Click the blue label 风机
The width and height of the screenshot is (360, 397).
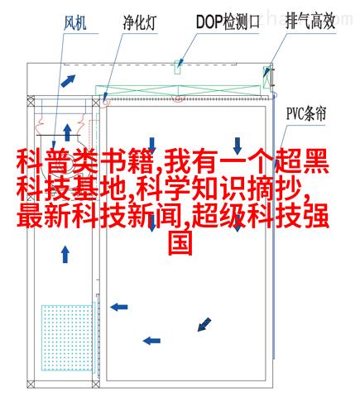click(75, 22)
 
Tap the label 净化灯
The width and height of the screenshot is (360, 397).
click(140, 22)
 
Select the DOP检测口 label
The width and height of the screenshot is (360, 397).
click(228, 22)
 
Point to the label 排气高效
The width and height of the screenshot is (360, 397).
click(310, 22)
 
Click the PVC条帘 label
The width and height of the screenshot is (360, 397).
click(306, 113)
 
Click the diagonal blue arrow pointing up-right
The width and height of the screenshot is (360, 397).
click(68, 81)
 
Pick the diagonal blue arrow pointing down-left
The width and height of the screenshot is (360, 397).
click(204, 324)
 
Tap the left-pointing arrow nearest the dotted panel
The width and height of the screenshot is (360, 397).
click(119, 307)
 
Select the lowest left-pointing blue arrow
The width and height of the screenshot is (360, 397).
click(151, 341)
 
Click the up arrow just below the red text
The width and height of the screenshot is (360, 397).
click(65, 254)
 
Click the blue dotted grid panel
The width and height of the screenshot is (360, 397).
click(67, 337)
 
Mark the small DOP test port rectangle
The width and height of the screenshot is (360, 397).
click(178, 67)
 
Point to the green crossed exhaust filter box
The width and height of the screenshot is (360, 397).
click(267, 77)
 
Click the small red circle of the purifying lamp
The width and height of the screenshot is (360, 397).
click(106, 102)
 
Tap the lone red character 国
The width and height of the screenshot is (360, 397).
click(180, 242)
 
